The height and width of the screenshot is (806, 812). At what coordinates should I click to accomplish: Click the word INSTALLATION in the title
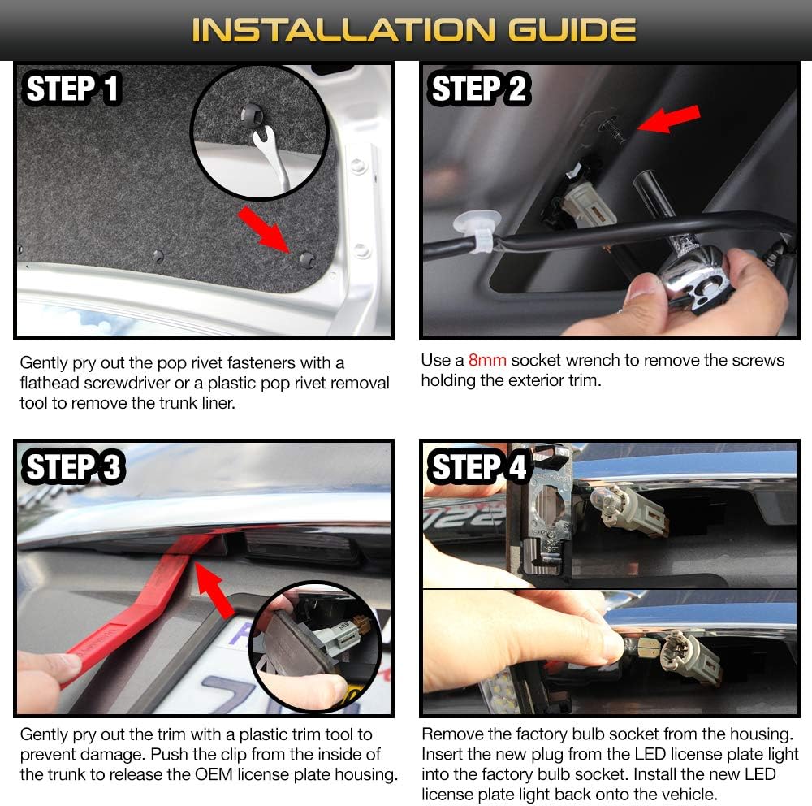pos(343,29)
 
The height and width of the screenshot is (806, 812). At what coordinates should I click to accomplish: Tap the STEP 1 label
pos(72,89)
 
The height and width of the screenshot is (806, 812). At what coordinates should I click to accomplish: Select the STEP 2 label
pos(478,89)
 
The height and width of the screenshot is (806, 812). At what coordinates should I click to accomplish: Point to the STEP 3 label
pos(73,466)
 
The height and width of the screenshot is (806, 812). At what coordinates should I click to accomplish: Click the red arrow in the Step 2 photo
pos(668,119)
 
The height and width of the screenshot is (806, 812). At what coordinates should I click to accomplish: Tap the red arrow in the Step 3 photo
pos(214,590)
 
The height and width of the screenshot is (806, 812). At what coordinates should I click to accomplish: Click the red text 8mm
pos(486,360)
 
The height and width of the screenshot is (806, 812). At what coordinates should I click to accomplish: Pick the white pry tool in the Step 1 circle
pos(271,156)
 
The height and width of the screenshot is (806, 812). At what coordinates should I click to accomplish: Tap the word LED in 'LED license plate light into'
pos(650,754)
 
